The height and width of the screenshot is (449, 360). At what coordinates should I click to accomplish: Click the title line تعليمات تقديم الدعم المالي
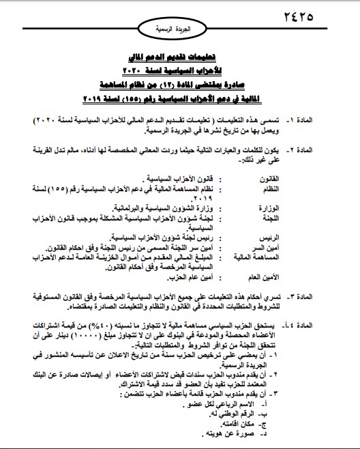pyautogui.click(x=179, y=59)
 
